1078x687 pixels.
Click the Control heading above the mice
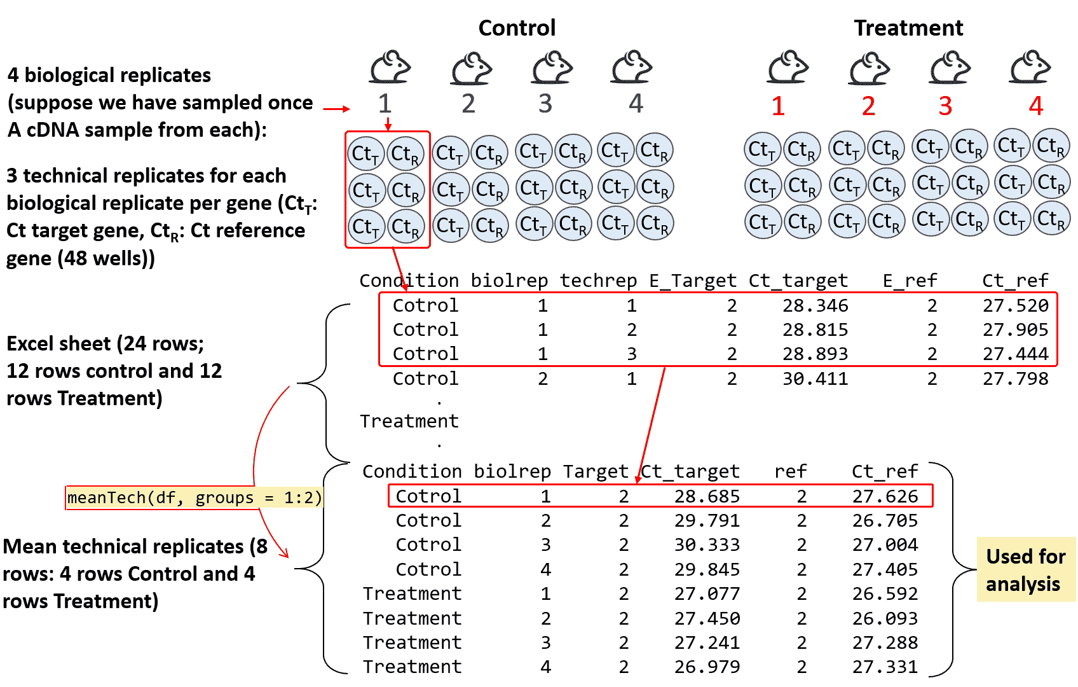(x=517, y=28)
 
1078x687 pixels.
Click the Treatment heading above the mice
(x=908, y=28)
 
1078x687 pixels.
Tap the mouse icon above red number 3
(x=950, y=67)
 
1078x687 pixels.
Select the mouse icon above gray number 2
(x=471, y=67)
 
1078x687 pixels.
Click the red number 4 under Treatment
(x=1035, y=106)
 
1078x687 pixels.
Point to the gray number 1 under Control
(x=385, y=104)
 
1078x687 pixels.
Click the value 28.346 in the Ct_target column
(x=815, y=306)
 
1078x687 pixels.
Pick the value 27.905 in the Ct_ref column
(x=1015, y=330)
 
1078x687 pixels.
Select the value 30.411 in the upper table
(x=815, y=379)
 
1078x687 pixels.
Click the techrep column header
(x=598, y=281)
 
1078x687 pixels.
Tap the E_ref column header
(x=910, y=281)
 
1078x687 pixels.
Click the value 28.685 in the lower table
(x=707, y=496)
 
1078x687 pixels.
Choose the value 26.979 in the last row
(x=707, y=667)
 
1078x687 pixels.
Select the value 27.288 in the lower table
(x=885, y=642)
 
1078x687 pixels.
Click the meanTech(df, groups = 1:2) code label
(x=194, y=497)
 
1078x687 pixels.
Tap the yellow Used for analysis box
(x=1025, y=570)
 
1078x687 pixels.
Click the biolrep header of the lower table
(x=512, y=471)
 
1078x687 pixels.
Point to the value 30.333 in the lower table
(x=707, y=545)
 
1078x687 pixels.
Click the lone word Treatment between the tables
(x=409, y=421)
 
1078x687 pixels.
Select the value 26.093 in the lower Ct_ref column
(x=885, y=618)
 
